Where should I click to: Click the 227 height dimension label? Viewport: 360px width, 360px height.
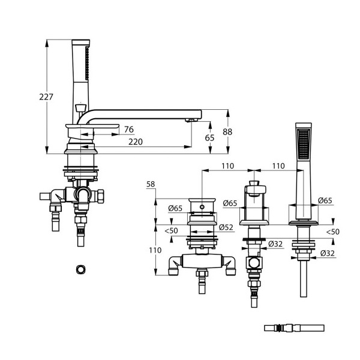pyautogui.click(x=46, y=97)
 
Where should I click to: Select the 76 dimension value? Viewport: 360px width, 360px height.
pyautogui.click(x=129, y=130)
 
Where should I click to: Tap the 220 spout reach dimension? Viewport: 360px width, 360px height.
pyautogui.click(x=136, y=142)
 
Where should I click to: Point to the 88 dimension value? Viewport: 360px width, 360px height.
pyautogui.click(x=227, y=132)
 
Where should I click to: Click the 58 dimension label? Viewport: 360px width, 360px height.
pyautogui.click(x=151, y=184)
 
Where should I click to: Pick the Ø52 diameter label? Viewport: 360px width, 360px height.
pyautogui.click(x=226, y=227)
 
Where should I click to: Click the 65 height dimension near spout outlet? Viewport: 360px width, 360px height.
pyautogui.click(x=209, y=138)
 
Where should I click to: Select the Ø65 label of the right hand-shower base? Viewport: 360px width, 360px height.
pyautogui.click(x=325, y=200)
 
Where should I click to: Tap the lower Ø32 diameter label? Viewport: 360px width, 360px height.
pyautogui.click(x=328, y=253)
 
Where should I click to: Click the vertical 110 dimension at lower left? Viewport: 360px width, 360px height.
pyautogui.click(x=155, y=250)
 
